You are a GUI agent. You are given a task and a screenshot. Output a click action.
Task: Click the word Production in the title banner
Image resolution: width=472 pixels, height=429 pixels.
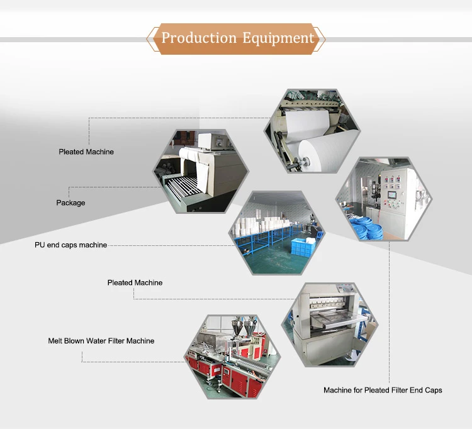coord(199,38)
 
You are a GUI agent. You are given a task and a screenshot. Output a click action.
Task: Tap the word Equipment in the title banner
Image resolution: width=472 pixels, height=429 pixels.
coord(278,38)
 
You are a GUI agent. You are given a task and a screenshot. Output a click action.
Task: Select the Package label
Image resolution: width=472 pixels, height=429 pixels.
coord(70,203)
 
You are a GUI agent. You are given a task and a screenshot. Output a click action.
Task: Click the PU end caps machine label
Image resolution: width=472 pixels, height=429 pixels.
coord(70,245)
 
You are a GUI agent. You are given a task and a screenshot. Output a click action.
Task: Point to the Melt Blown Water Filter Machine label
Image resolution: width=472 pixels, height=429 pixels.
coord(101,341)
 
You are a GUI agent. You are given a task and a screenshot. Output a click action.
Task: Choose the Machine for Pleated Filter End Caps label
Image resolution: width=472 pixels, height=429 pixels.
coord(383,390)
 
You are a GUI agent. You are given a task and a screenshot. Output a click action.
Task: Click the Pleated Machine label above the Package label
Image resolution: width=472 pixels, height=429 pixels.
coord(86,152)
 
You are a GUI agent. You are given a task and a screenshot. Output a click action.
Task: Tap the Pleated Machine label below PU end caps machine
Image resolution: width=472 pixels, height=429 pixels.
coord(135,282)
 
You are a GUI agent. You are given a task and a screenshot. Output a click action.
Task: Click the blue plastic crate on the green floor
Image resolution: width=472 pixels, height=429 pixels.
coord(303,247)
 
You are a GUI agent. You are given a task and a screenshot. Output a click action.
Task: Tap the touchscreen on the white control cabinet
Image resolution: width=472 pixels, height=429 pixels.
coord(392,195)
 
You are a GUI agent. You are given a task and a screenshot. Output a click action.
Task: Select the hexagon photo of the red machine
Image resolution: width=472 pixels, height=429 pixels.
coord(232,357)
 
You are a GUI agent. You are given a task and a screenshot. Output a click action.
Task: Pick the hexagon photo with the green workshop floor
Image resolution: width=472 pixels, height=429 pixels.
coord(277,233)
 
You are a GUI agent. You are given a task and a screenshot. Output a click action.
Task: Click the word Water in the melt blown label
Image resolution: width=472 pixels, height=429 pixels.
coord(96,341)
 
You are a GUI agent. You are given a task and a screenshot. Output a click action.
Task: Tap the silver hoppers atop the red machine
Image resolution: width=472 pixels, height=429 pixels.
coord(243,325)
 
